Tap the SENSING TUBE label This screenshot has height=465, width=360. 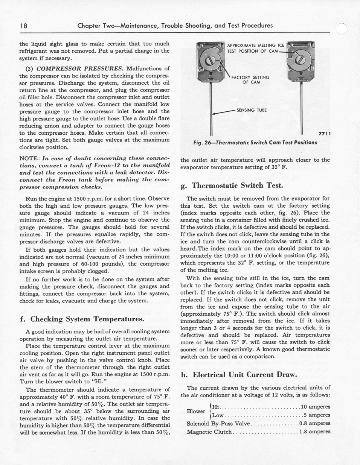251,110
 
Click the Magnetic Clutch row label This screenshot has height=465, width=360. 209,432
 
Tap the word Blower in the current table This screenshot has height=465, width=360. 196,411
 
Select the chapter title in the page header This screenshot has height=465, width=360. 175,26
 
